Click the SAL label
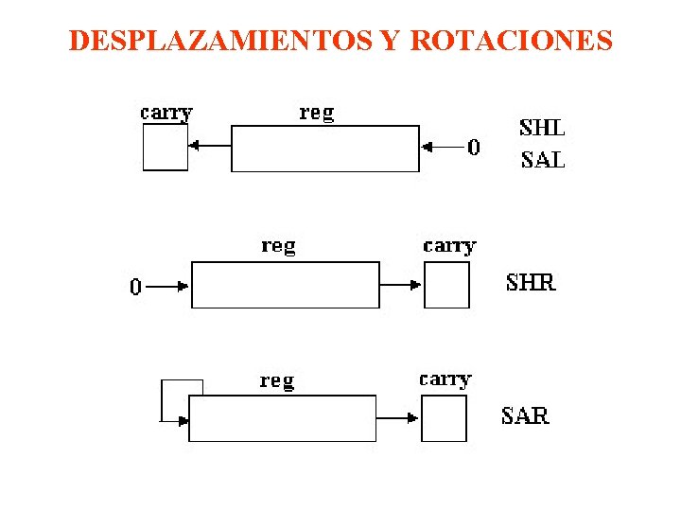click(543, 159)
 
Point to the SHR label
click(532, 282)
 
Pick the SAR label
click(525, 415)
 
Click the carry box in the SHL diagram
click(166, 148)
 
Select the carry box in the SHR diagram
click(446, 285)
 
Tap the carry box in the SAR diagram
click(444, 418)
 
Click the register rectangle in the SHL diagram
click(325, 149)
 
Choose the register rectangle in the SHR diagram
click(286, 285)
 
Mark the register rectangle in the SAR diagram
click(283, 418)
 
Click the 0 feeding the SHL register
click(474, 147)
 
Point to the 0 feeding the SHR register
click(136, 286)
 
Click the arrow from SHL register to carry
click(209, 146)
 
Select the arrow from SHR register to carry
click(401, 283)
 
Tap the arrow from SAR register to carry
click(398, 416)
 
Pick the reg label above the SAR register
click(277, 380)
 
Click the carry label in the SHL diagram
click(166, 113)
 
